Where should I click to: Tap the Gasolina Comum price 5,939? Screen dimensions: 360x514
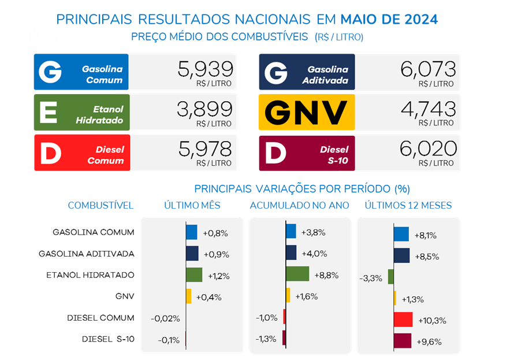206,69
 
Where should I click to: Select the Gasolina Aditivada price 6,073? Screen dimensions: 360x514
428,69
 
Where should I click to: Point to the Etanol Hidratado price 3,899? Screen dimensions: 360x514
206,109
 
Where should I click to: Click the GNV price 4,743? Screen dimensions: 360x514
428,109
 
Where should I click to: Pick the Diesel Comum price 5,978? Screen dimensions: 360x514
206,149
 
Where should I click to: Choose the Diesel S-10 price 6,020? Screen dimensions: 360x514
428,149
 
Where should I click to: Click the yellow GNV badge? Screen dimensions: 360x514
306,112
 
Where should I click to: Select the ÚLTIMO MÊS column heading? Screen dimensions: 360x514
192,205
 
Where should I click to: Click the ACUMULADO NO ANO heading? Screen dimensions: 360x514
299,205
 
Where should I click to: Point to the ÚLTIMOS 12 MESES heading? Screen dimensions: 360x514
408,205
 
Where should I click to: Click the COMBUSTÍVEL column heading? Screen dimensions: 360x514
100,205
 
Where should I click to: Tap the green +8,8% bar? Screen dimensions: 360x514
297,274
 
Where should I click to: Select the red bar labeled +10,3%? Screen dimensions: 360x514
403,320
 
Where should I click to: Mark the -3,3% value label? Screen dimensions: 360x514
371,279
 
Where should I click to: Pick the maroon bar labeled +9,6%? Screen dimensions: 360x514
402,341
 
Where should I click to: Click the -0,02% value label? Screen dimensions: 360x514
165,318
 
